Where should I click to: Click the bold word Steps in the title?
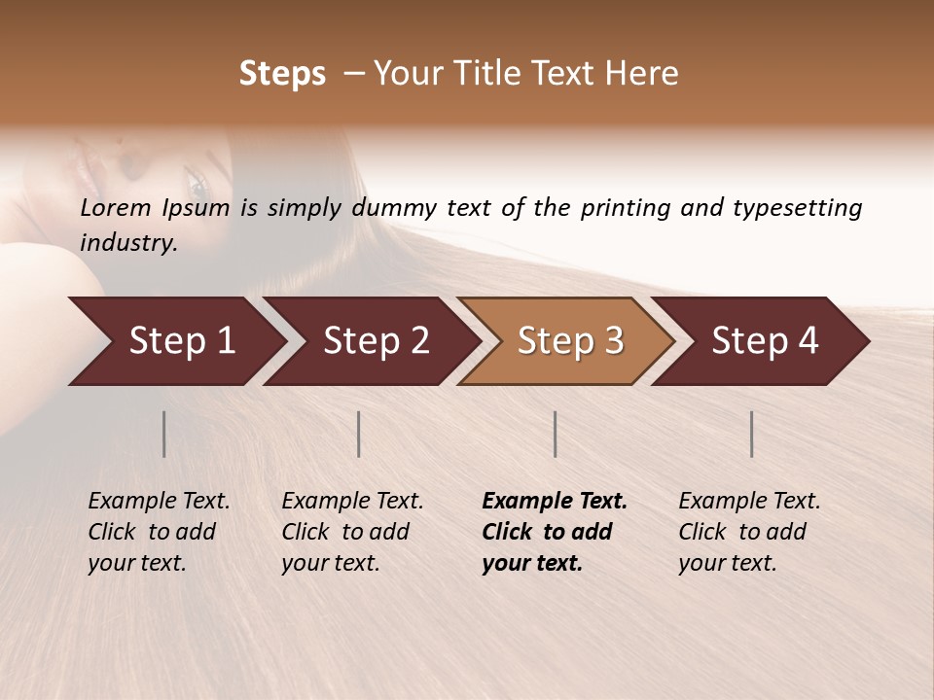[x=282, y=74]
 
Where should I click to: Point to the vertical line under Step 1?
[x=164, y=434]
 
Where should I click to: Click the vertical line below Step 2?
[x=359, y=434]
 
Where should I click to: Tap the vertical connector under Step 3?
[x=555, y=434]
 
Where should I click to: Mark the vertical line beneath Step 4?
[x=751, y=434]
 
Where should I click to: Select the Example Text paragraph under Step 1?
[x=158, y=532]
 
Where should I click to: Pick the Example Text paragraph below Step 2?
[x=351, y=532]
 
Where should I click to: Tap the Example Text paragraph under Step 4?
[x=748, y=532]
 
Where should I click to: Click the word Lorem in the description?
[x=115, y=207]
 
